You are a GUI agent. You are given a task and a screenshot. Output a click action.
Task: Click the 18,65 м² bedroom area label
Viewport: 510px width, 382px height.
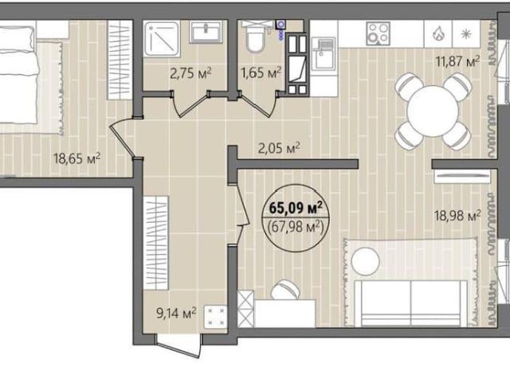click(x=77, y=159)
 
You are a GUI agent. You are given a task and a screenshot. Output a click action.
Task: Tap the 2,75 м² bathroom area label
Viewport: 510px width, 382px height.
click(x=191, y=73)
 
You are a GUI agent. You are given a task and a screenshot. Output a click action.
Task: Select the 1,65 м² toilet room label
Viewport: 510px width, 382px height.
click(x=261, y=72)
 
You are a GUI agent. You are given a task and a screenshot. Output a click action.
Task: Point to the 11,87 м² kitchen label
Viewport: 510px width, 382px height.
click(x=458, y=61)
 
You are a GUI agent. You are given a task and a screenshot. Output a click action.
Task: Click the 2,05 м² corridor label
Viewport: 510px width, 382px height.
click(x=279, y=149)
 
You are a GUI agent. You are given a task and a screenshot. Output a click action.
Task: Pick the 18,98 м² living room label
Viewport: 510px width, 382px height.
click(x=458, y=216)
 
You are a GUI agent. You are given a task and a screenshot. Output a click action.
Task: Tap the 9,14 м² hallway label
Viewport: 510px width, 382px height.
click(x=176, y=313)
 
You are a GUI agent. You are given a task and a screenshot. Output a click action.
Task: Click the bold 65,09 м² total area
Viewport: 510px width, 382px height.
click(x=296, y=209)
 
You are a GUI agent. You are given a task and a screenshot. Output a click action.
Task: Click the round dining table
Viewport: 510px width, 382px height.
click(x=433, y=111)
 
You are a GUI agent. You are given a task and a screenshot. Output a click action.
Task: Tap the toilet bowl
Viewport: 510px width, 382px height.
click(x=256, y=38)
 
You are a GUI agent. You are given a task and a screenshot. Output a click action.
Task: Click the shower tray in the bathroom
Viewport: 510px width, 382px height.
click(x=162, y=39)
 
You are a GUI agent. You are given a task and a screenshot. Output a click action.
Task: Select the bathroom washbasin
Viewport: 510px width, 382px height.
click(x=206, y=32)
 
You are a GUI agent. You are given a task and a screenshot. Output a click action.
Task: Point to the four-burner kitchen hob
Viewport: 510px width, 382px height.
click(x=378, y=33)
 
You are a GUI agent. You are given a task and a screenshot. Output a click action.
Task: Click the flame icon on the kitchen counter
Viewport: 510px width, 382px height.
click(x=438, y=33)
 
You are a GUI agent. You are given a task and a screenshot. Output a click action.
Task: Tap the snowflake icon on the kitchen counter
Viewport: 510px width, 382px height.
click(x=466, y=33)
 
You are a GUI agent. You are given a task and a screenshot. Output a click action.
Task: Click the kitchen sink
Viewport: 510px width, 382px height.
click(x=324, y=53)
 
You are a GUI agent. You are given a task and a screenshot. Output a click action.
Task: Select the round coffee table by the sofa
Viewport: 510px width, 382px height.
click(x=365, y=262)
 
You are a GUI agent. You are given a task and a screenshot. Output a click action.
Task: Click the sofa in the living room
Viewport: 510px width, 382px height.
click(x=410, y=303)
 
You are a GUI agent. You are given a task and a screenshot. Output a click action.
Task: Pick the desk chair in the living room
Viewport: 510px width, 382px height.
click(x=285, y=290)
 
